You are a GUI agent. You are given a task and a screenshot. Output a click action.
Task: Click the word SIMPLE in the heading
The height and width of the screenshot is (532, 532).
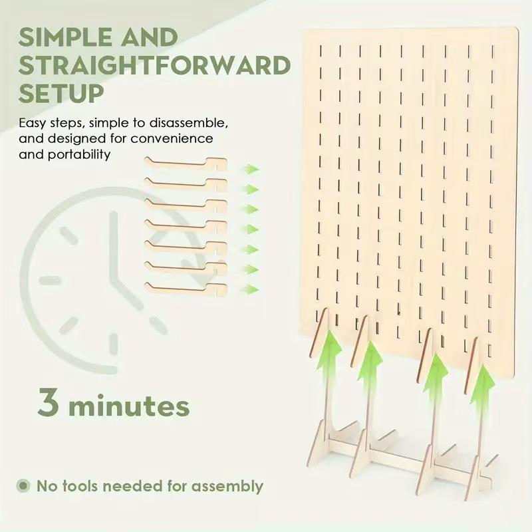tap(65, 37)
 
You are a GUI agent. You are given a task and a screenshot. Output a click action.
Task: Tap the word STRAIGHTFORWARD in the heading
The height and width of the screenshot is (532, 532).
tap(155, 65)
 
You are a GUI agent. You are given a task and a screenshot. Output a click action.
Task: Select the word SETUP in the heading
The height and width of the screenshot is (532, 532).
tap(61, 93)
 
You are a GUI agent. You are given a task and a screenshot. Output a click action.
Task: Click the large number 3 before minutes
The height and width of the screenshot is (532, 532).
tap(48, 402)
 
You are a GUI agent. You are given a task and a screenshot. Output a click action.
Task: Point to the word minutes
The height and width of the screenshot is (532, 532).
tap(129, 405)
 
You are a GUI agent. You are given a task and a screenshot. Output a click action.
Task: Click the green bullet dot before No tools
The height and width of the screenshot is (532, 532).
tap(23, 485)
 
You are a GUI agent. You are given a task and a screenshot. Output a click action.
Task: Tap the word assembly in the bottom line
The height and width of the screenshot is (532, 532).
tap(227, 487)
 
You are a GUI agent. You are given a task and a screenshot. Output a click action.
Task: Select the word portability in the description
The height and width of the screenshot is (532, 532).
tap(79, 155)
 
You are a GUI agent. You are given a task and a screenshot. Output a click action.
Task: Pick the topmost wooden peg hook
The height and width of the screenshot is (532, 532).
tap(186, 164)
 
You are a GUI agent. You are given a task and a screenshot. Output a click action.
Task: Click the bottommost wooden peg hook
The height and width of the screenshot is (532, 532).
tap(186, 289)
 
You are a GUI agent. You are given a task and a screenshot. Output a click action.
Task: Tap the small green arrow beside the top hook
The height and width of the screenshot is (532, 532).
tap(251, 169)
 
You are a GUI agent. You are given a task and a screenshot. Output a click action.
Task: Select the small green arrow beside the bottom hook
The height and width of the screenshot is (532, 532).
tap(251, 289)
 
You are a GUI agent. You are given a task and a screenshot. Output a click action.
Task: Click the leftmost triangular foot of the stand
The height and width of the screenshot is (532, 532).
tap(320, 444)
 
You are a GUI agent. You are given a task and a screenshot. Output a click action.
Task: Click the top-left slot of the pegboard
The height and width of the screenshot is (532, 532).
tap(321, 51)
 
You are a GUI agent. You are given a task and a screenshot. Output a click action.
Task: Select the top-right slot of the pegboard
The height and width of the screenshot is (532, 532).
tap(493, 52)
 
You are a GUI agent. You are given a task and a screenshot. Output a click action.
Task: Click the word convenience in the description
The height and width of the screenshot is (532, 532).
tap(172, 139)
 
